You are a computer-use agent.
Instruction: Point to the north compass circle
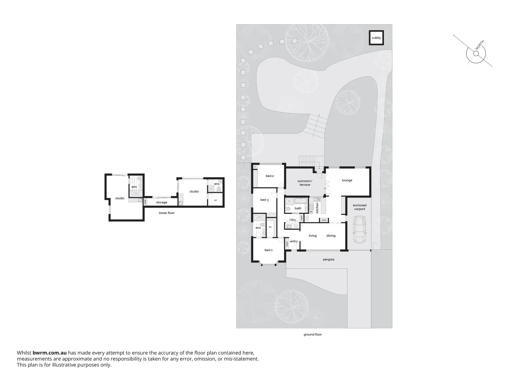476,54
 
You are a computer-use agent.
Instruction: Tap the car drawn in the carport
360,230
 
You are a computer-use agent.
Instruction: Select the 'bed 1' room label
268,250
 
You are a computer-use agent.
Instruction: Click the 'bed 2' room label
270,176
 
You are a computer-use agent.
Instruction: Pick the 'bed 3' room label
265,200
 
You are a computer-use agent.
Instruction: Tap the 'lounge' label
347,180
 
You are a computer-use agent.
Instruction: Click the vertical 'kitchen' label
317,207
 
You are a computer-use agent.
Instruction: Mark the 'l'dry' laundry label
293,220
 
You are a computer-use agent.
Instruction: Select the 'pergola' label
328,260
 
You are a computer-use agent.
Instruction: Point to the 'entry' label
294,242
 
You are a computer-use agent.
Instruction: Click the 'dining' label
331,236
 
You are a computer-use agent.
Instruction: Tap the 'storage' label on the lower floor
161,202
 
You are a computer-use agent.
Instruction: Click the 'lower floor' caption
166,213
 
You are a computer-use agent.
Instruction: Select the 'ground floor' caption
312,334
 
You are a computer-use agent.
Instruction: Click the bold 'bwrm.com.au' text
50,353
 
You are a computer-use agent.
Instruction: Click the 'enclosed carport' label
359,207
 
